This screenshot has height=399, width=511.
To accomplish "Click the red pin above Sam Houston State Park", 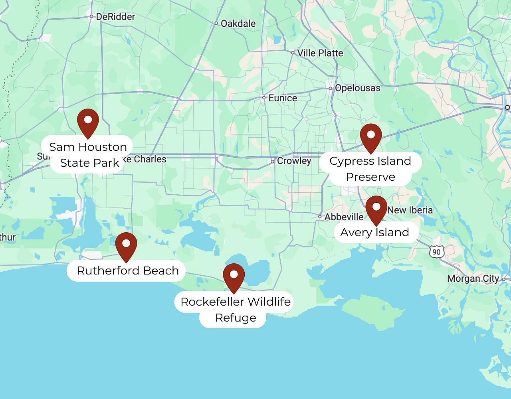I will point(88,121).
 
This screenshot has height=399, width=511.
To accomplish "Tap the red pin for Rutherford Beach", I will point(126,245).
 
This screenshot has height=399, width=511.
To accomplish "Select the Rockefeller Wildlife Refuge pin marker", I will point(234,276).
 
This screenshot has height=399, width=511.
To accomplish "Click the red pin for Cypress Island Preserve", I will point(371,136).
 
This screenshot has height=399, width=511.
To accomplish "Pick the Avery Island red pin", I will point(376,208).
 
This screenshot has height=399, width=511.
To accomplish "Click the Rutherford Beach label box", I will point(127,271).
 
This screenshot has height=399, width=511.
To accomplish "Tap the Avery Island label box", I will point(374,232).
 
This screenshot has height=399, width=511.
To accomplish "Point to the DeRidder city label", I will point(115,17).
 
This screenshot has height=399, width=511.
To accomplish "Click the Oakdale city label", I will point(238,24).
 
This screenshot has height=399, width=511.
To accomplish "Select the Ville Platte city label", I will point(320,53).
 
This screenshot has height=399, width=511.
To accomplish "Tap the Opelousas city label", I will point(357,88).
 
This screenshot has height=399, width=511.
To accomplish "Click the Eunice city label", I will point(283,98).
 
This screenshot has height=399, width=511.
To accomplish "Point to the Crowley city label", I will point(294,161).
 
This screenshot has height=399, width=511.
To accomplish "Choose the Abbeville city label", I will point(344,217).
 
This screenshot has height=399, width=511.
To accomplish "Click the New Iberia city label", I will point(410,210).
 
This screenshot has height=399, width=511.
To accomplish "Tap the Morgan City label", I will point(473,279).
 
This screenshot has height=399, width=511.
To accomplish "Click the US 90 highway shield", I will point(437,252).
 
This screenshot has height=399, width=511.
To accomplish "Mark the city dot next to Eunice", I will point(264,97).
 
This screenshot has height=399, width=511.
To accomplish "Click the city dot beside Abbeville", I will point(320,217).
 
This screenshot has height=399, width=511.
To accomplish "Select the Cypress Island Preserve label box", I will point(370,168).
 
